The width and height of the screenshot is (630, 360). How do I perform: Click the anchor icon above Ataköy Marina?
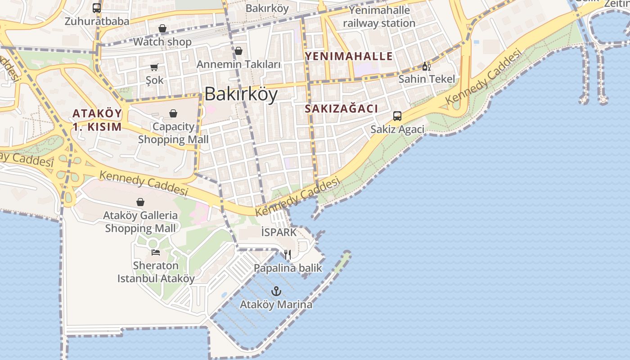pyautogui.click(x=276, y=291)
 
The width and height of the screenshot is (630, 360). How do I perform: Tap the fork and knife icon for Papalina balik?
pyautogui.click(x=288, y=255)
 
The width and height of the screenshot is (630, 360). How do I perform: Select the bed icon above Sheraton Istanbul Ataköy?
pyautogui.click(x=155, y=252)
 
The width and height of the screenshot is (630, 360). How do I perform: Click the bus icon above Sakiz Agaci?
pyautogui.click(x=397, y=116)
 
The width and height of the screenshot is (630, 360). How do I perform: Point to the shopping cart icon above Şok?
pyautogui.click(x=154, y=67)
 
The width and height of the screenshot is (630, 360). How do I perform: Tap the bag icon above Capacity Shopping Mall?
pyautogui.click(x=173, y=113)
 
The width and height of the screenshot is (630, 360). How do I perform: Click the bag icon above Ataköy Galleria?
pyautogui.click(x=140, y=202)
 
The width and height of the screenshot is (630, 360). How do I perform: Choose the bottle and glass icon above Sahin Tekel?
pyautogui.click(x=426, y=67)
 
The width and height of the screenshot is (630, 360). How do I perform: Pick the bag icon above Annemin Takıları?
pyautogui.click(x=238, y=51)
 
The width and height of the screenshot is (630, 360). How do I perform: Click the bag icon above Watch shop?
pyautogui.click(x=162, y=28)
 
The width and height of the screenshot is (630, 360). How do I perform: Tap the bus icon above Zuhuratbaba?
pyautogui.click(x=97, y=8)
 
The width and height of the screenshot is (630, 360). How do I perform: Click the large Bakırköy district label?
pyautogui.click(x=241, y=94)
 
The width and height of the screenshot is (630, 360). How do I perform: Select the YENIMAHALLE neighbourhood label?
pyautogui.click(x=349, y=56)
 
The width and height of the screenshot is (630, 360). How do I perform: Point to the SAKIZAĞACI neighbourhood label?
pyautogui.click(x=341, y=108)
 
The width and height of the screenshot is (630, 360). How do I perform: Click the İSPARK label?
pyautogui.click(x=279, y=232)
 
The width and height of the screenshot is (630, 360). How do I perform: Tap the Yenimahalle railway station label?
pyautogui.click(x=379, y=17)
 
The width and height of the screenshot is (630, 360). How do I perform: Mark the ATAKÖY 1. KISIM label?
pyautogui.click(x=97, y=120)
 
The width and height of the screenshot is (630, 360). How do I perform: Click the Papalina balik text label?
pyautogui.click(x=288, y=268)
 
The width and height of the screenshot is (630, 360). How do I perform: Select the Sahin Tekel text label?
pyautogui.click(x=427, y=79)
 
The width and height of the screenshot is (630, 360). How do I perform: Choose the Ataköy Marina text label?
pyautogui.click(x=276, y=305)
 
